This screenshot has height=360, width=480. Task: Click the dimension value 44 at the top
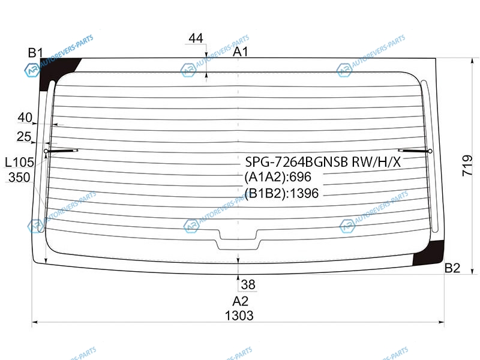196,38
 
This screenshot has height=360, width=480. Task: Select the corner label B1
35,53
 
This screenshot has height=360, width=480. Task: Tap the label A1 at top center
241,52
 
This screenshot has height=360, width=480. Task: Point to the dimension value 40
25,117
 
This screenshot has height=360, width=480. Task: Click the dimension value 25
24,137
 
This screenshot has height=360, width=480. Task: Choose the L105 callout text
19,162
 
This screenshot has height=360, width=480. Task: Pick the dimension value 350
19,177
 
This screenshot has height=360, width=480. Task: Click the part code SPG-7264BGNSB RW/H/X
323,161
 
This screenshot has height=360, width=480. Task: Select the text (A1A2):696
278,177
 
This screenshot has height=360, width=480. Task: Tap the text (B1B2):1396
281,193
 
